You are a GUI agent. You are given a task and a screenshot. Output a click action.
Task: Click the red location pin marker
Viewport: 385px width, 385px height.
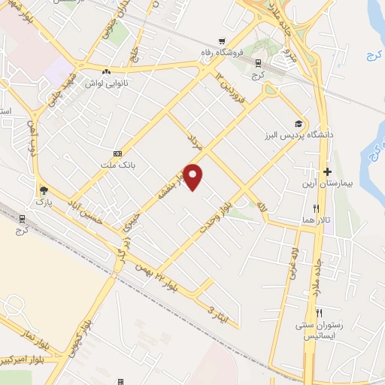tap(194, 177)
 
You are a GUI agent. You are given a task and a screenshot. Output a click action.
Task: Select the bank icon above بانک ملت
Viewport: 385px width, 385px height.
tap(117, 153)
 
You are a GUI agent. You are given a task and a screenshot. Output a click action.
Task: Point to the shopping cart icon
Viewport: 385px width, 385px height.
tap(221, 41)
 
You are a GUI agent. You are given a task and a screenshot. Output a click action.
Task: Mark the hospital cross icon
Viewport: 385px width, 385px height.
tap(327, 172)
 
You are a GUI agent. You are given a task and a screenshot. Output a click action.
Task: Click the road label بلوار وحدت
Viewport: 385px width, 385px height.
tap(216, 212)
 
